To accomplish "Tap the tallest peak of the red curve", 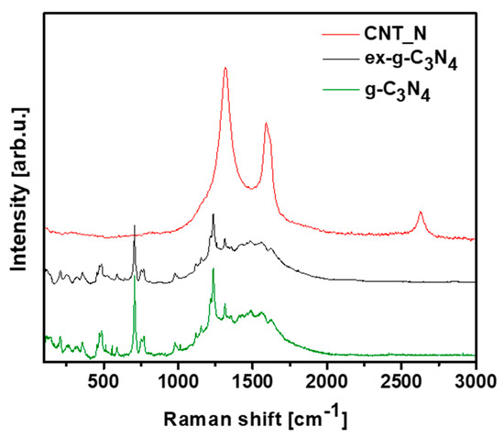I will (225, 69).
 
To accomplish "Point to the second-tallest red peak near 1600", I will (267, 124).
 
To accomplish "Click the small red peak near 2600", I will (421, 213).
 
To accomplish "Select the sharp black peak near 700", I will (135, 225).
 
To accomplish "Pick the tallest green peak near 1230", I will (214, 269).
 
